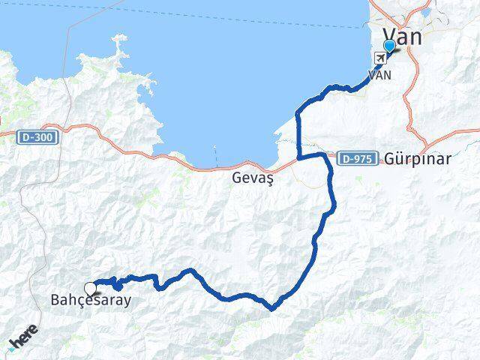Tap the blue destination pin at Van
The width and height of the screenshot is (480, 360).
(x=388, y=46)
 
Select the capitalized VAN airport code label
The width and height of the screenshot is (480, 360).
(x=379, y=75)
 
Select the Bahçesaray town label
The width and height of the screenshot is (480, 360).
(x=91, y=301)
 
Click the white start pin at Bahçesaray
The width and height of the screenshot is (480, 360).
(x=91, y=288)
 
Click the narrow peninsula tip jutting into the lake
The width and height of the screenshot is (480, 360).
(x=118, y=37)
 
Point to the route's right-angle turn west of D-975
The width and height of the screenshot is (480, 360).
(x=299, y=157)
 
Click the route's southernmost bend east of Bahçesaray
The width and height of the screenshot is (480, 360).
(x=274, y=306)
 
